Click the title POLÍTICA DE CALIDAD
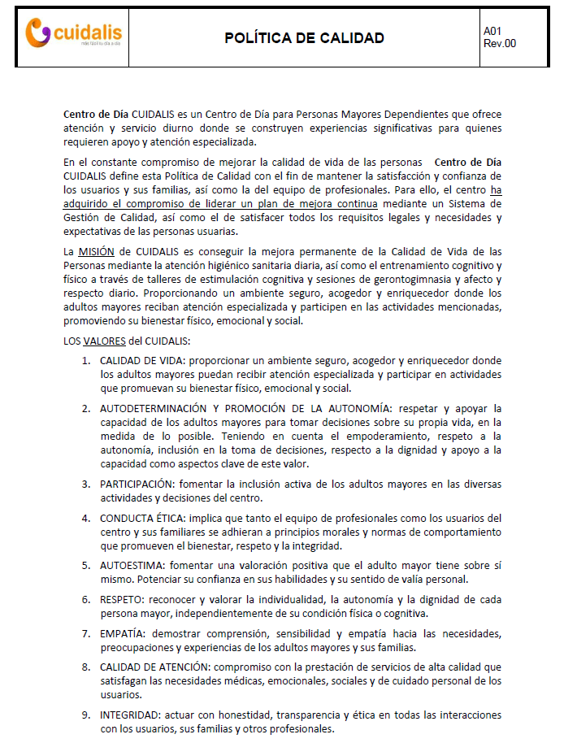click(x=304, y=38)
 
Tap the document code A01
click(x=492, y=31)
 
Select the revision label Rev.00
click(x=500, y=44)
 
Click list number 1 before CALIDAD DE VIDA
click(x=85, y=360)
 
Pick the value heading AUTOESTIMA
click(x=130, y=564)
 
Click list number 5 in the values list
click(x=85, y=564)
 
